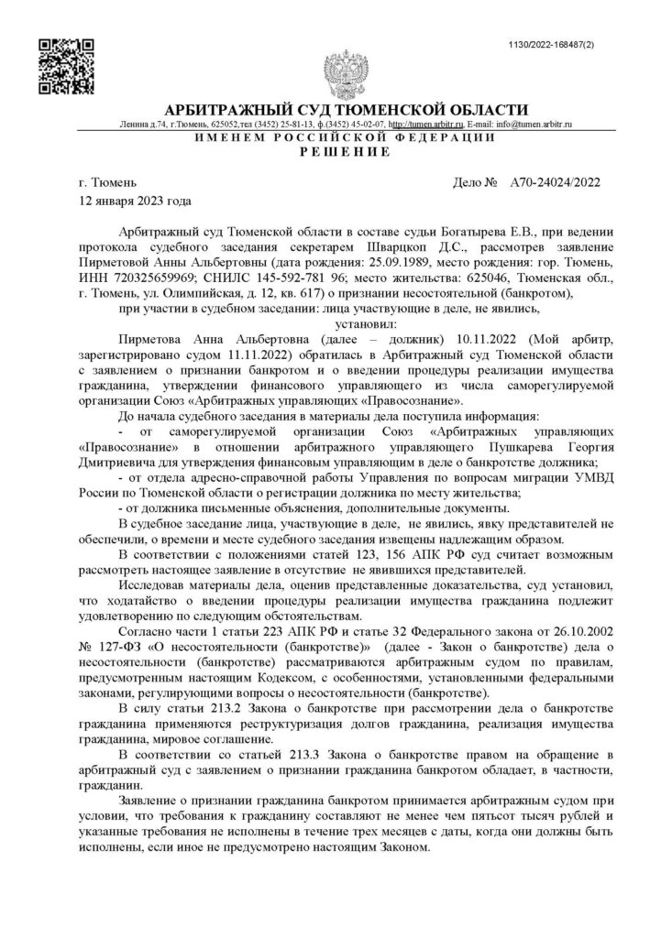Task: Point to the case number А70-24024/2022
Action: tap(555, 182)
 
